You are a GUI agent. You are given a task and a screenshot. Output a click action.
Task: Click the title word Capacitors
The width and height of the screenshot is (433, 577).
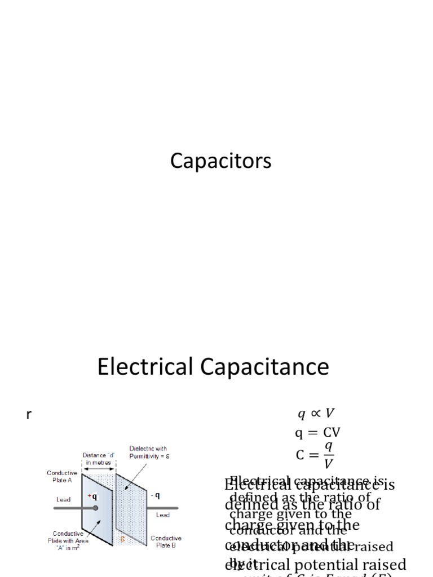click(220, 162)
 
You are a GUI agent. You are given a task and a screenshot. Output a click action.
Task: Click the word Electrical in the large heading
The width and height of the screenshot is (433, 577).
click(145, 367)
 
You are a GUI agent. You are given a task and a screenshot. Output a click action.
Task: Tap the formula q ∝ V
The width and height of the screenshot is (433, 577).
click(320, 414)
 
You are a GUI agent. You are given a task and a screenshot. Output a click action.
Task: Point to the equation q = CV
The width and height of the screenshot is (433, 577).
click(318, 433)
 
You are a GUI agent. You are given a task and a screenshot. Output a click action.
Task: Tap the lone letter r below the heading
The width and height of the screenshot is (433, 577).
click(29, 415)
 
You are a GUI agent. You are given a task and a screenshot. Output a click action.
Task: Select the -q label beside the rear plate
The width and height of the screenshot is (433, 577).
click(155, 495)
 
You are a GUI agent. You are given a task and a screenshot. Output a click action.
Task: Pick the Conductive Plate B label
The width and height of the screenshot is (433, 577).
click(166, 542)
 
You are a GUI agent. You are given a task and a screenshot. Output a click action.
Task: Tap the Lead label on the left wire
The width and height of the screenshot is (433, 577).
click(64, 499)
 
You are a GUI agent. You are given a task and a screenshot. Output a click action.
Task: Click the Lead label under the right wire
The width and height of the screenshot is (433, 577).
click(163, 515)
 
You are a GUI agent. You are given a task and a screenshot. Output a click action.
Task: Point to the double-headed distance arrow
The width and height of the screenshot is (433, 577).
click(99, 469)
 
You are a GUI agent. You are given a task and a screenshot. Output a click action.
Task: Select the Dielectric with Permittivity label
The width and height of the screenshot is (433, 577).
click(148, 452)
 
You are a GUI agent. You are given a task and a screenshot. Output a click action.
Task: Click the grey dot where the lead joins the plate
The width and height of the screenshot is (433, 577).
click(95, 508)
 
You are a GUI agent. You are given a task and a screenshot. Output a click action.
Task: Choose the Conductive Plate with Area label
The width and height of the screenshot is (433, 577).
click(67, 540)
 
